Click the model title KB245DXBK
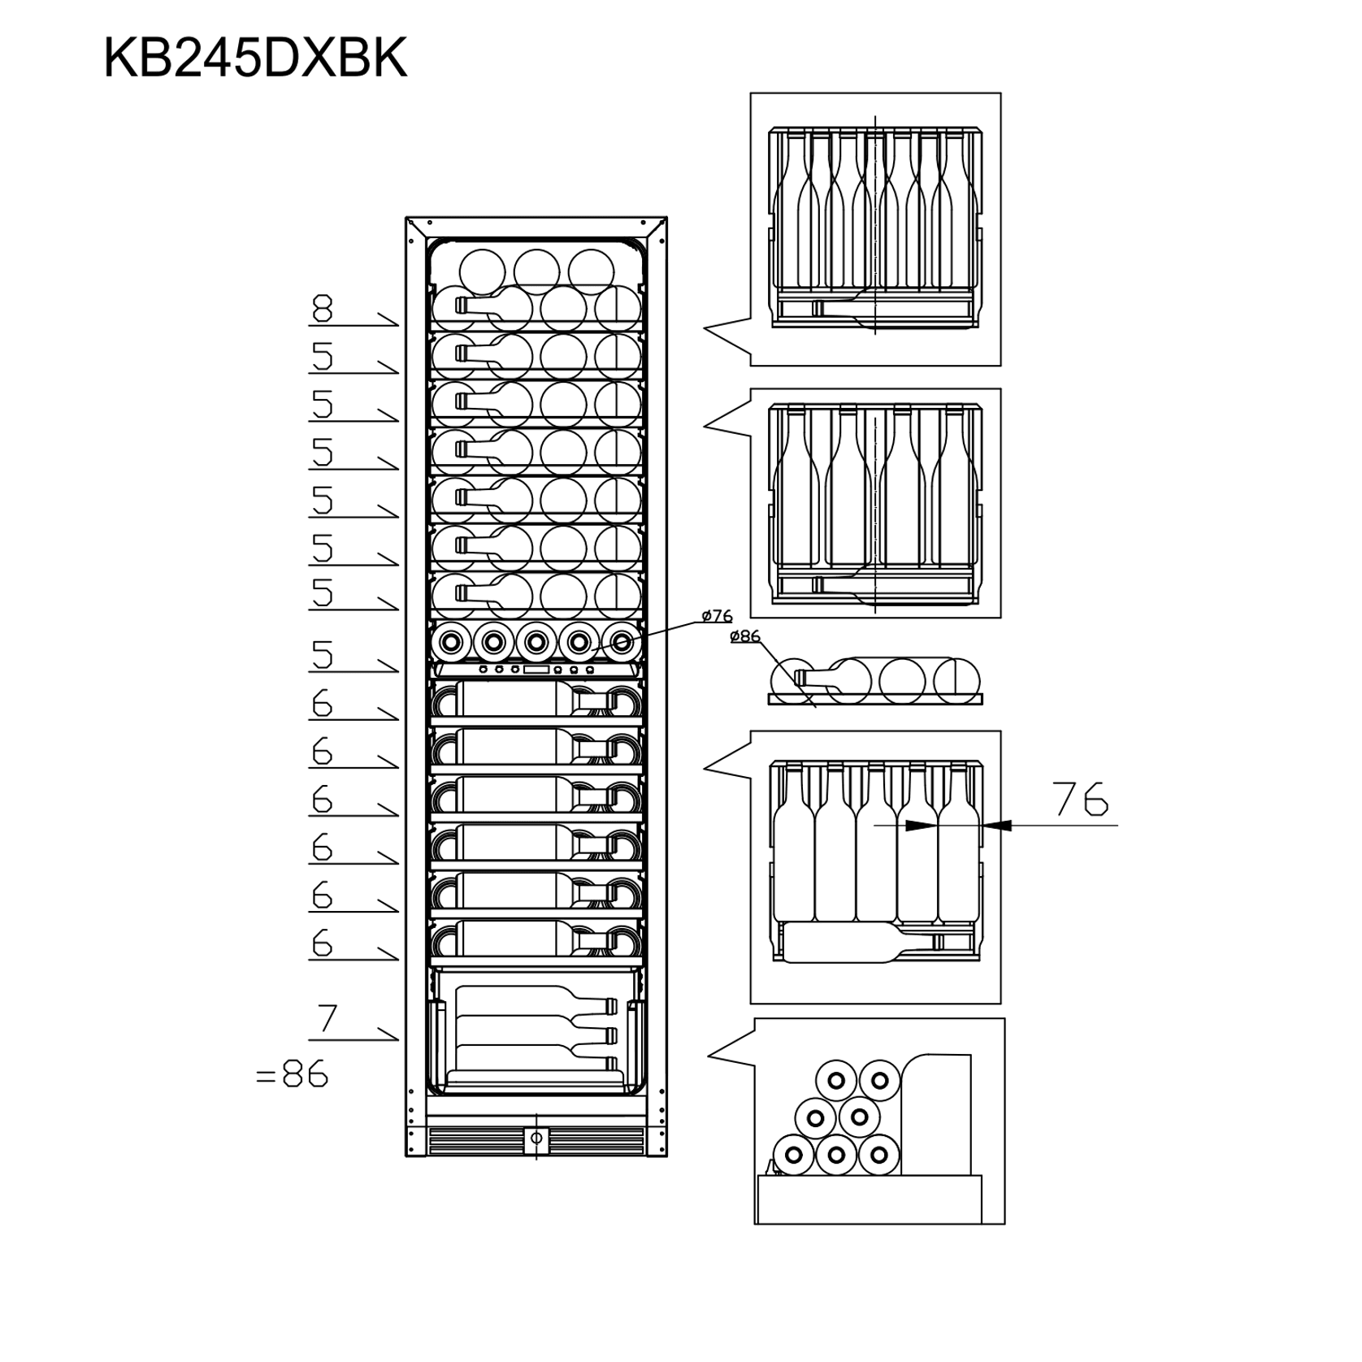point(254,59)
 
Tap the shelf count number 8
point(323,309)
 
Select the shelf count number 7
point(327,1018)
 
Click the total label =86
point(292,1075)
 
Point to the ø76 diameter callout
point(717,616)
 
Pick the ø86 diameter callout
point(745,636)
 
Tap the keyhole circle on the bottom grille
point(536,1138)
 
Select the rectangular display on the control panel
point(536,670)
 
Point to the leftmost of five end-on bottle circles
point(450,643)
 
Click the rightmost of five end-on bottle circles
point(622,643)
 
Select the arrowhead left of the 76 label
point(918,825)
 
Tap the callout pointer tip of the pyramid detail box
point(709,1056)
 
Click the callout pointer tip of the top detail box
point(704,328)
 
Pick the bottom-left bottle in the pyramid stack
point(794,1155)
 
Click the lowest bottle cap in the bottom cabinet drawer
point(612,1061)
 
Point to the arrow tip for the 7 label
point(397,1039)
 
